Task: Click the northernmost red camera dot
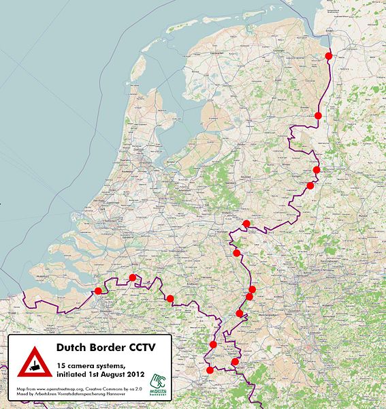coord(328,57)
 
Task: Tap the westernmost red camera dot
coord(98,291)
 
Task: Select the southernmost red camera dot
coord(209,370)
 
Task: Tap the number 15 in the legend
coord(61,363)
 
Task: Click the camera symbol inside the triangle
coord(32,366)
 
